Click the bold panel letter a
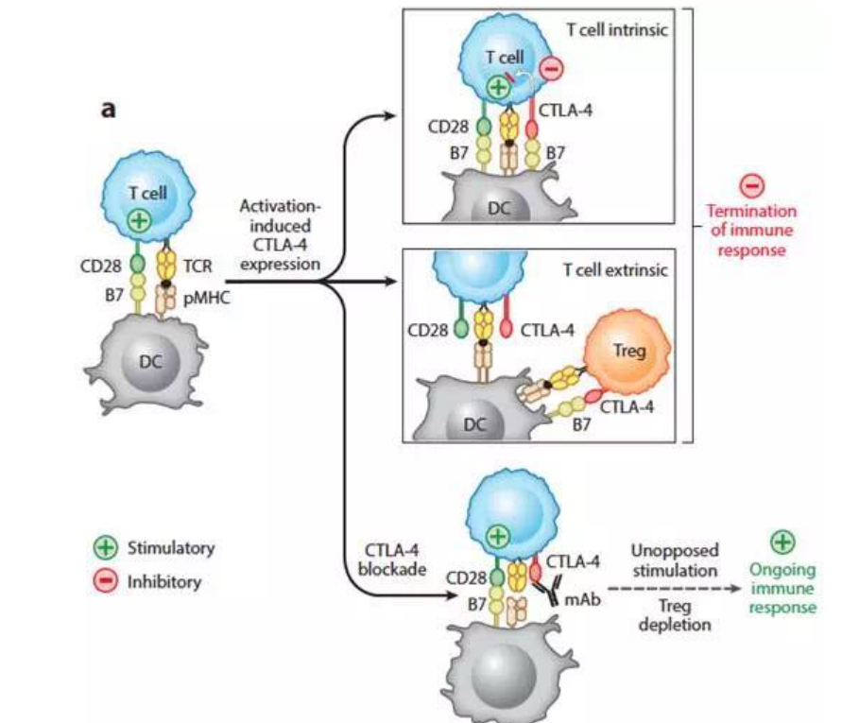click(110, 111)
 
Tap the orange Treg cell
click(624, 351)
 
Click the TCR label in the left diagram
click(198, 266)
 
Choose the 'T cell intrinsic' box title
click(617, 29)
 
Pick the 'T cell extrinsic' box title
click(616, 270)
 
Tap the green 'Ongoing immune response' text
click(782, 588)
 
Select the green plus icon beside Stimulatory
click(106, 548)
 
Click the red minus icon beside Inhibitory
click(106, 581)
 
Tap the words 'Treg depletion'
click(675, 615)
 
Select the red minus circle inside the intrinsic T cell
click(553, 68)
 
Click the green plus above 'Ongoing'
click(783, 542)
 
